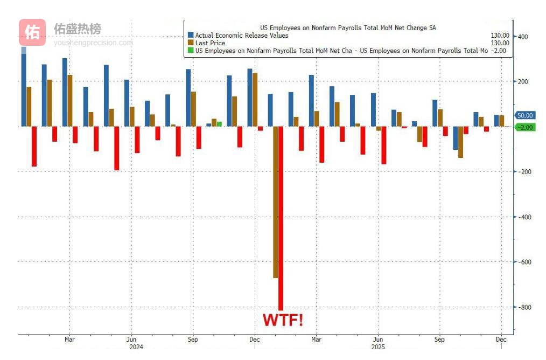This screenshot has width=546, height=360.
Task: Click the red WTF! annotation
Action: [282, 320]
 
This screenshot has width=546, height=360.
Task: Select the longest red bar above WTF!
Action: [281, 218]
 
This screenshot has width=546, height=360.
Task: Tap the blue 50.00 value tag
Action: [524, 115]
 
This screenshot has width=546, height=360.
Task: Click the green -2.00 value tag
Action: [524, 127]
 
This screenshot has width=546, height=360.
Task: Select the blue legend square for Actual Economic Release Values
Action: [190, 36]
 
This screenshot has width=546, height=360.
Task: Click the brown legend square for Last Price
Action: [190, 43]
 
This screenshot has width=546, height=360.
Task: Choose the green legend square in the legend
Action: [190, 50]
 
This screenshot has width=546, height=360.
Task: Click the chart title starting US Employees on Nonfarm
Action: [348, 27]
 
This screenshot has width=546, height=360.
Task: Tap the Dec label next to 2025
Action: [501, 340]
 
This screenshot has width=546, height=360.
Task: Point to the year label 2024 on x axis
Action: [136, 347]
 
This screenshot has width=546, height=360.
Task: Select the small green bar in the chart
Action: [219, 123]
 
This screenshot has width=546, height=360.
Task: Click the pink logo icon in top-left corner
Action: [32, 32]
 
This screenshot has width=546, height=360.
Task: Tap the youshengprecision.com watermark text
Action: [93, 43]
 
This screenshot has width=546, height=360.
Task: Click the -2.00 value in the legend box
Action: [500, 50]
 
